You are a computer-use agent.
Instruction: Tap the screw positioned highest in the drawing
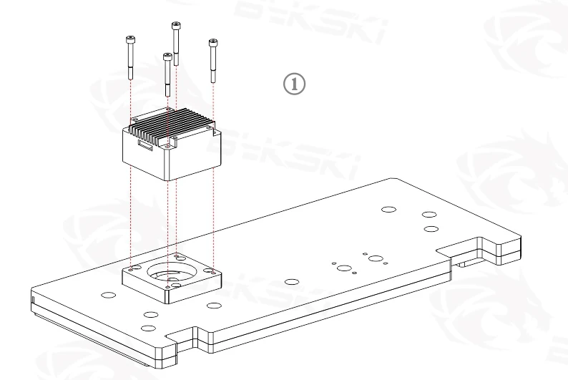(x=176, y=43)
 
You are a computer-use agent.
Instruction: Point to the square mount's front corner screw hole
(x=167, y=286)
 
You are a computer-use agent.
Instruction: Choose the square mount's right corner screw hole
(x=211, y=271)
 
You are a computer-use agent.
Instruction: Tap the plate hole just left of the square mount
(x=108, y=294)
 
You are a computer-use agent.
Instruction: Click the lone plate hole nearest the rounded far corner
(x=388, y=210)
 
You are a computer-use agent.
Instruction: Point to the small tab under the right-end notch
(x=465, y=262)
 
